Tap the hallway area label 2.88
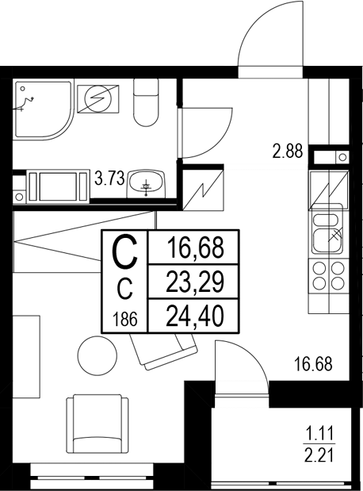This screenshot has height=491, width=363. (288, 152)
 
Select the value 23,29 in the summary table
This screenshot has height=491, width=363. (193, 282)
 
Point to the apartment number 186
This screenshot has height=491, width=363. (126, 320)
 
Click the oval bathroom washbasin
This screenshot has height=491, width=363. (147, 183)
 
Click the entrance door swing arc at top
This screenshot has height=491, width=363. (270, 40)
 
